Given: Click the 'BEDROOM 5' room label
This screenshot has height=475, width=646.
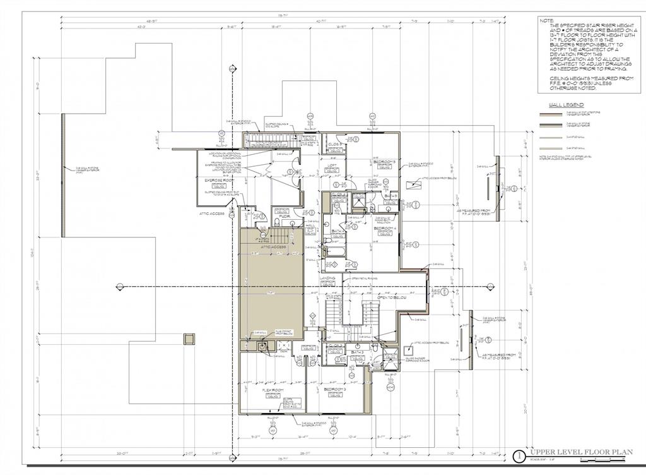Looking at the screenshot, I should [x=384, y=162].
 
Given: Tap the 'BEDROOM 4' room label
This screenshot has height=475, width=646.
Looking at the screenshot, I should [x=384, y=228].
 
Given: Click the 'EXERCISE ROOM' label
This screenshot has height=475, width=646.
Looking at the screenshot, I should [x=216, y=180].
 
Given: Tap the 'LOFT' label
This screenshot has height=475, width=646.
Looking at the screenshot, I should [x=332, y=166].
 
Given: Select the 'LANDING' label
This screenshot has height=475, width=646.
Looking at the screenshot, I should [x=327, y=277].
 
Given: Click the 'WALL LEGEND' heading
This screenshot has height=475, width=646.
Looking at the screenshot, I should [x=566, y=105].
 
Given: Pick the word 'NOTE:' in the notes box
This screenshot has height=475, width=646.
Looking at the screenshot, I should [x=546, y=21].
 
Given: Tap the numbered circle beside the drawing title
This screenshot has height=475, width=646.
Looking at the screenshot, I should [x=519, y=454].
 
